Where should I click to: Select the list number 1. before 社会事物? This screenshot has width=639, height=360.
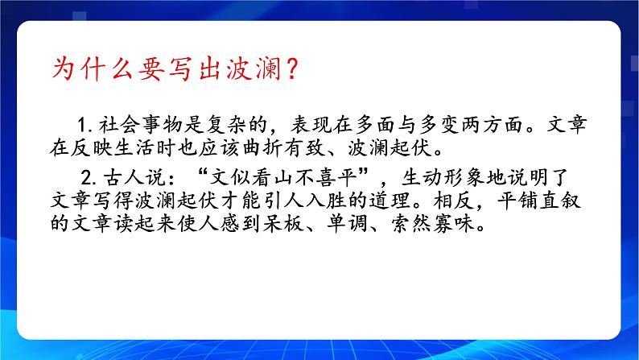click(88, 126)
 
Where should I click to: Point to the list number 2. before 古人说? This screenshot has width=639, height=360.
click(88, 177)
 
